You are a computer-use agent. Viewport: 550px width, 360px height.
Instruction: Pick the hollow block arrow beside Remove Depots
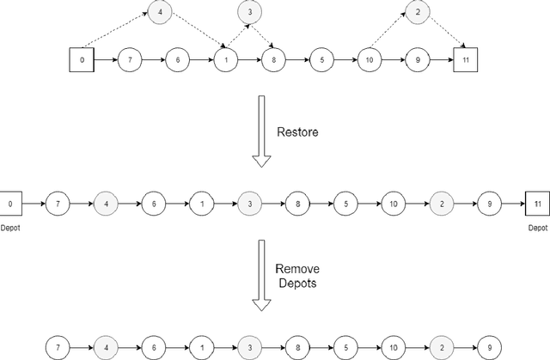(260, 274)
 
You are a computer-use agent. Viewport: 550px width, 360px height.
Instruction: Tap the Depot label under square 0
(10, 229)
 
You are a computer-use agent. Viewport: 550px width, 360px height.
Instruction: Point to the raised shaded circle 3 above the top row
(250, 12)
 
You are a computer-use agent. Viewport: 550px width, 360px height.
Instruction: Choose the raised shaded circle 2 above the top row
(417, 12)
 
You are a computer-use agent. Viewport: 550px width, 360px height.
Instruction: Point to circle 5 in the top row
(321, 62)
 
